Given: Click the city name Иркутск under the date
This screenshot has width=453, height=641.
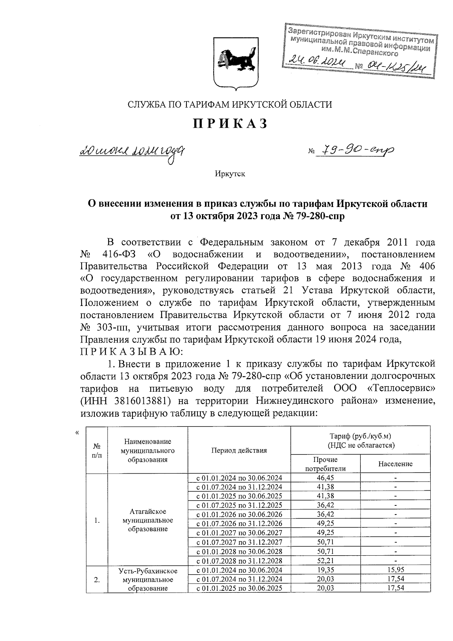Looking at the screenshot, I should coord(230,174).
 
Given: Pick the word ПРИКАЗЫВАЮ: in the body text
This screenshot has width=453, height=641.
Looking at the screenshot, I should coord(131,352).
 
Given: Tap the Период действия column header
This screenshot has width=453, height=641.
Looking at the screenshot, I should coord(239,450).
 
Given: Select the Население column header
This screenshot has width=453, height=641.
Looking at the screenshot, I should coord(395,464).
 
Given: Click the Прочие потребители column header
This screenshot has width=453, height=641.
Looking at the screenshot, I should coord(325,464).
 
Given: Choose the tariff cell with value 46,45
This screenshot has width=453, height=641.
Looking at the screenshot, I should coord(325,478).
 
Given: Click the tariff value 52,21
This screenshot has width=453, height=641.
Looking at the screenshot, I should coord(325,561).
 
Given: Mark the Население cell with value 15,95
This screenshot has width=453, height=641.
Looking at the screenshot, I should coord(395,570).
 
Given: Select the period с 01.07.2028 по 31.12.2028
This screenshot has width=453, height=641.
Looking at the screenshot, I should coord(239,561).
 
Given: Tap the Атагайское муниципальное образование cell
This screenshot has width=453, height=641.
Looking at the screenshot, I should coord(148,520).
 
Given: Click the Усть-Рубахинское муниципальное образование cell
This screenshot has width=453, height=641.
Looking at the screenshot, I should coord(148,579).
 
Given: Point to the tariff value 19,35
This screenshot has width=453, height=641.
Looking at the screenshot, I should coord(325,570).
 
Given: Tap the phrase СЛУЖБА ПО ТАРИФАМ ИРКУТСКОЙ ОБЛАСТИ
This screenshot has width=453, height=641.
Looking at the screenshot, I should coord(230,105).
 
